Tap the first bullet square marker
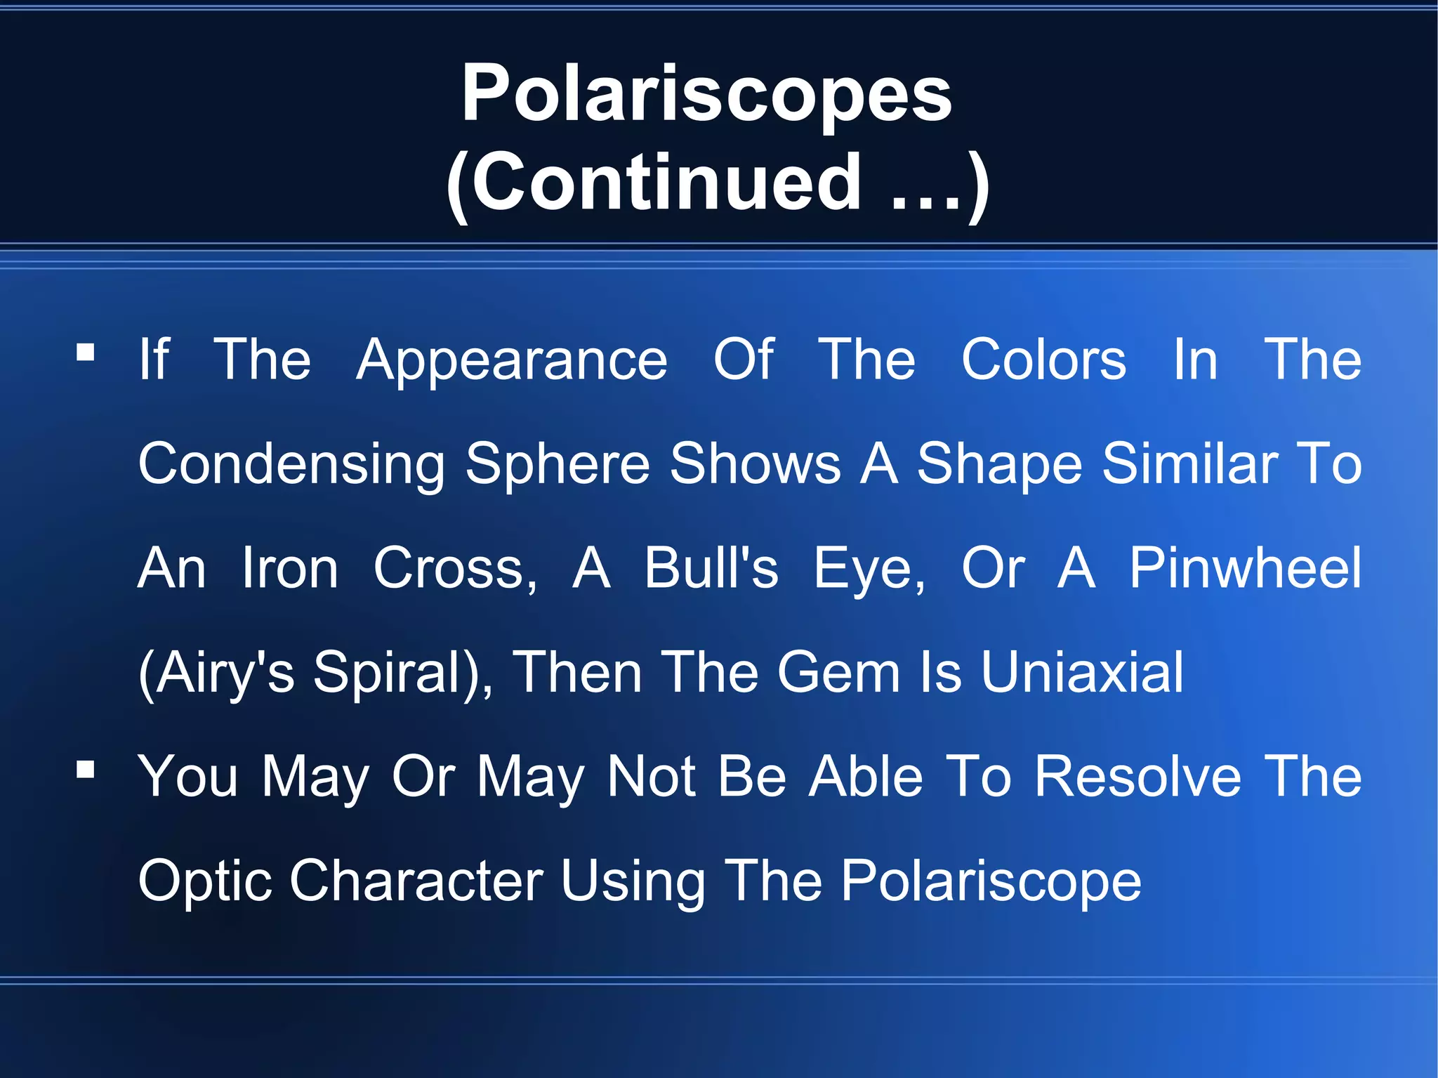(86, 352)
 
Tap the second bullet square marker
(86, 770)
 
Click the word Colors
(1043, 360)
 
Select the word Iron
(290, 569)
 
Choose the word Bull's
(711, 569)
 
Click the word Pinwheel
(1245, 568)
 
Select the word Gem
(838, 673)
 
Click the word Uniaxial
(1082, 673)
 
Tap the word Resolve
(1138, 777)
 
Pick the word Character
(416, 881)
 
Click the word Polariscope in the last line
(991, 882)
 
